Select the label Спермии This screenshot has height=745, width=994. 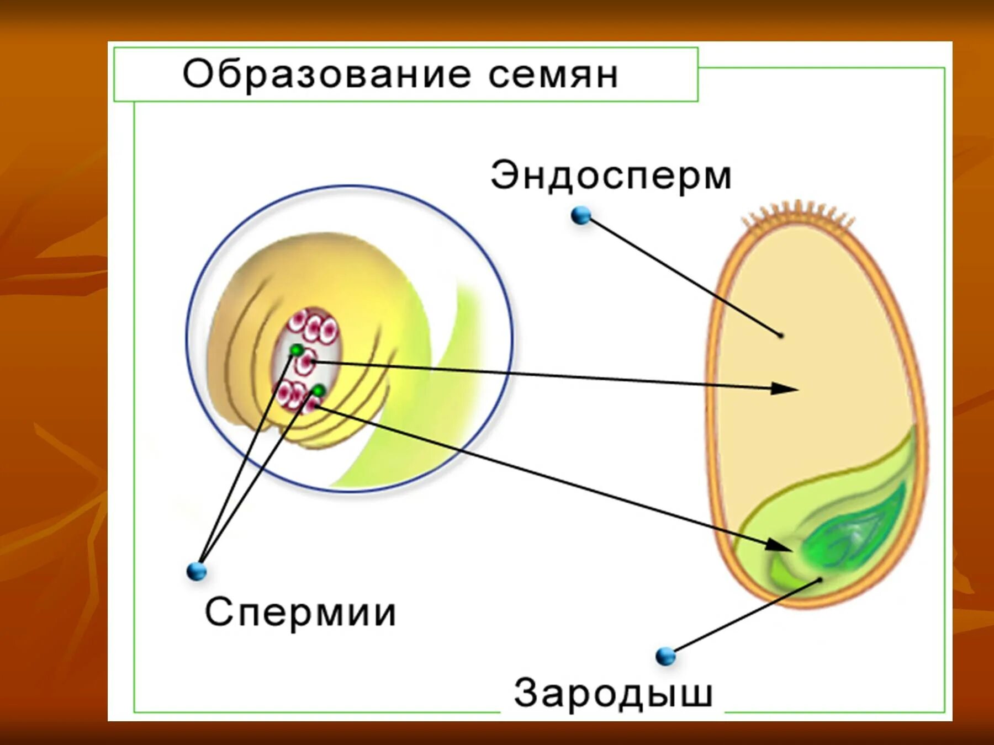300,613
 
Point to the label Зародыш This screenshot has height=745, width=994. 613,693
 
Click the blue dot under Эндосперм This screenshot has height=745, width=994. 580,215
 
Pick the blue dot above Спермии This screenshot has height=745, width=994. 197,571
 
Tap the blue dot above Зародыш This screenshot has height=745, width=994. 665,656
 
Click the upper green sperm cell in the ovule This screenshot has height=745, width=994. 297,350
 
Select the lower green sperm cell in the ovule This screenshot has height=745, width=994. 318,391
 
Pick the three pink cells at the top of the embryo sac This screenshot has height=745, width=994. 313,326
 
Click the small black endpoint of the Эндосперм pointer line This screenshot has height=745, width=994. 780,335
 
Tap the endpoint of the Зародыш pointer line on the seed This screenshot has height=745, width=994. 820,579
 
